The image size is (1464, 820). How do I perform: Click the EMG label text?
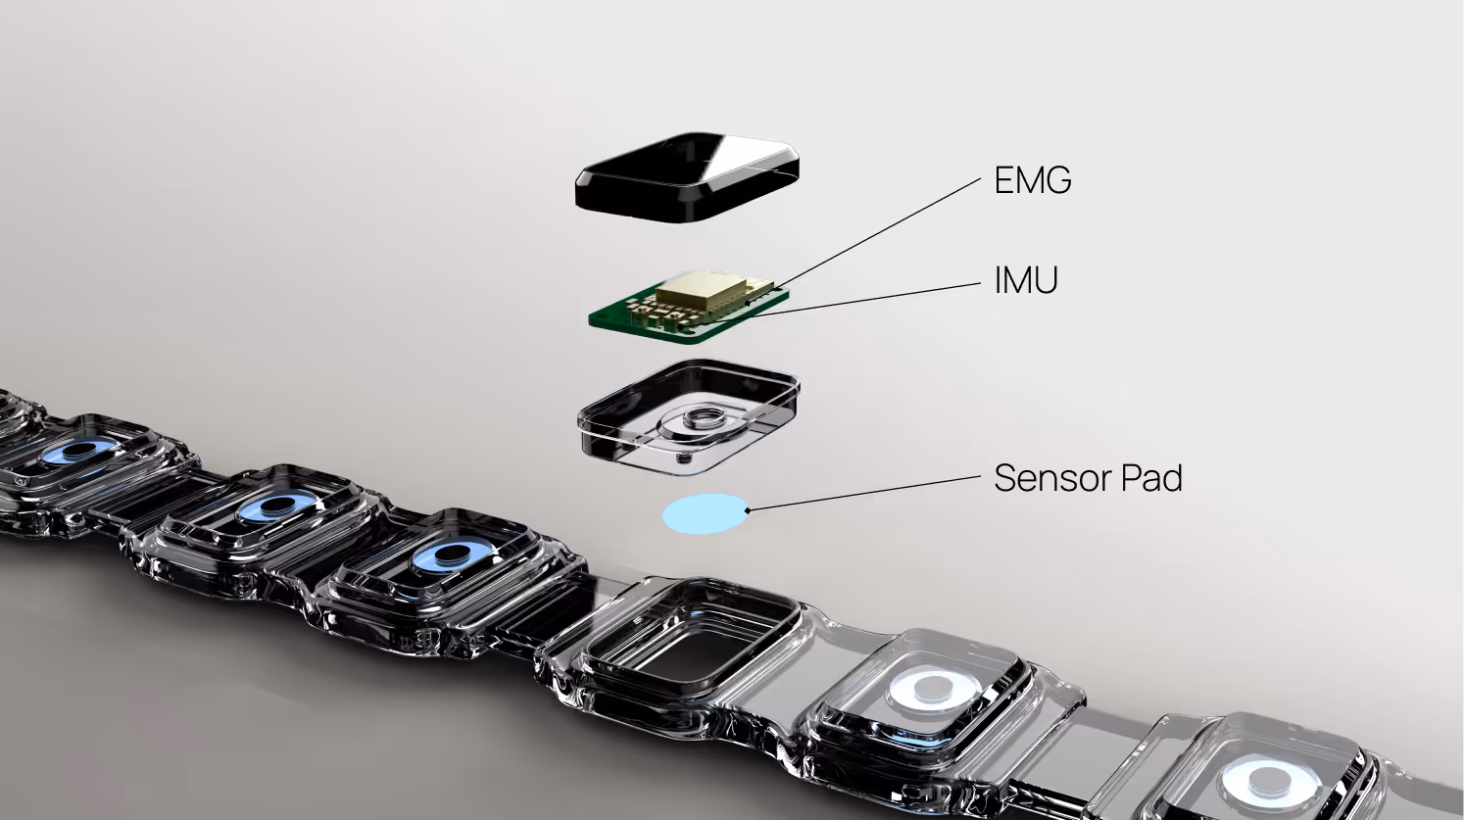click(x=1033, y=179)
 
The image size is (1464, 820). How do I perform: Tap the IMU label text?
click(x=1026, y=279)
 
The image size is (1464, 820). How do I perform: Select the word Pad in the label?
click(x=1151, y=478)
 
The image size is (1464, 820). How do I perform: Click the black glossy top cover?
click(x=687, y=177)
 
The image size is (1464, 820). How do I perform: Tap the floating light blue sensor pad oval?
click(x=706, y=513)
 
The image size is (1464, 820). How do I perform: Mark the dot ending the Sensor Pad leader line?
click(x=747, y=510)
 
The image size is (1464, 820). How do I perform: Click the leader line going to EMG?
click(x=876, y=233)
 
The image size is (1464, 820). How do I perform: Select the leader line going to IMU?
click(x=863, y=299)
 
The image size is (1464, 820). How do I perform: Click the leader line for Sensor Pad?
click(x=864, y=493)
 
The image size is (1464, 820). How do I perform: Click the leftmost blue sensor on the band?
click(x=82, y=451)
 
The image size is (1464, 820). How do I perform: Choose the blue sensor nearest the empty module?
click(x=451, y=555)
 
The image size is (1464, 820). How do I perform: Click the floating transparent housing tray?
click(x=689, y=415)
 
